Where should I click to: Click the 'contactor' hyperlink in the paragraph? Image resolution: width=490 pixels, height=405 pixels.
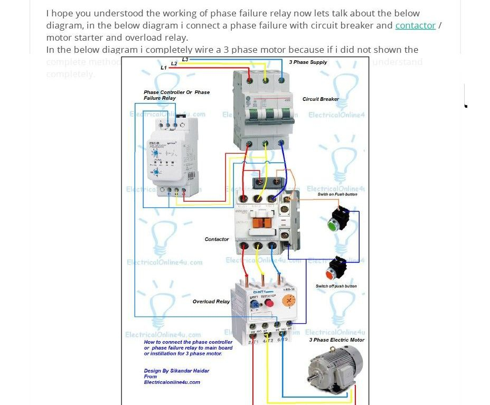(415, 25)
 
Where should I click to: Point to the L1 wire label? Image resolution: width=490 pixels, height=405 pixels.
(164, 68)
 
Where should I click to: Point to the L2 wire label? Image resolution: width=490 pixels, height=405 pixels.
(174, 64)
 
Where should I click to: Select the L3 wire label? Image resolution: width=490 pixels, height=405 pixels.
(185, 60)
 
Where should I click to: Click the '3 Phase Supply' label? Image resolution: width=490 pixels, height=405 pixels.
(308, 62)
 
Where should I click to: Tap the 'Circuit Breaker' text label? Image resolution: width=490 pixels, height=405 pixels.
(321, 99)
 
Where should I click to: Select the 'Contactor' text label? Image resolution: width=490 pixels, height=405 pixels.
(216, 239)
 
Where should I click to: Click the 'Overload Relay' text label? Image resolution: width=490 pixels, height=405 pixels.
(211, 302)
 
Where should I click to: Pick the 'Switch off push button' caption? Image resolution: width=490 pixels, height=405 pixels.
(336, 286)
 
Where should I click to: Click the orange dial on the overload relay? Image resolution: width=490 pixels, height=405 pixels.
(288, 301)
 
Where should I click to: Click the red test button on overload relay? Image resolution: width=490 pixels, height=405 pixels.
(269, 303)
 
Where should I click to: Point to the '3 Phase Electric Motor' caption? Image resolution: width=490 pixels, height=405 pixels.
(337, 340)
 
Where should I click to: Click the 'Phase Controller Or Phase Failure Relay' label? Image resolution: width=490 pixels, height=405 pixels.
(176, 95)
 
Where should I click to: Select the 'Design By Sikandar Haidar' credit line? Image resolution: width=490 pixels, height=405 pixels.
(176, 371)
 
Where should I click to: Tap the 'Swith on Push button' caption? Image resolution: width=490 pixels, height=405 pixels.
(337, 194)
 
